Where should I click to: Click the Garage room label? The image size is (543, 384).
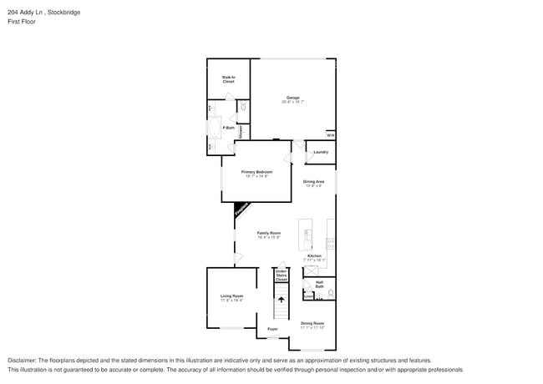[x=292, y=98]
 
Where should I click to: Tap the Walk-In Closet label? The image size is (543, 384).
[x=228, y=79]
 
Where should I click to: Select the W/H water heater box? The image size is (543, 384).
[x=330, y=135]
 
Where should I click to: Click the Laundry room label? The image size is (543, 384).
[x=321, y=152]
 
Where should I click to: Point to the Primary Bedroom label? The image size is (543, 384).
[x=257, y=173]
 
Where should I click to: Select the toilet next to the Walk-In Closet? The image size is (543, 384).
[x=242, y=107]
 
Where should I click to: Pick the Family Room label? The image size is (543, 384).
[x=268, y=234]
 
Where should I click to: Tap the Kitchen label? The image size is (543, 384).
[x=314, y=256]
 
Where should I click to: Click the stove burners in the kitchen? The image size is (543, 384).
[x=330, y=243]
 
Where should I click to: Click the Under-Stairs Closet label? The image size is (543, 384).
[x=282, y=275]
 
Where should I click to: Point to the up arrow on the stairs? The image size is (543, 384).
[x=281, y=298]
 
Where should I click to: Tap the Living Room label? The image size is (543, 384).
[x=231, y=296]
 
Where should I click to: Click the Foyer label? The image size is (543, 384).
[x=272, y=329]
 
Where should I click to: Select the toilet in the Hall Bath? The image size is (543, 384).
[x=331, y=293]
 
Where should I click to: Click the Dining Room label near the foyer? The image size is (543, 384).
[x=312, y=323]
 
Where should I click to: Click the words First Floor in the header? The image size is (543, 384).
[x=22, y=22]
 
